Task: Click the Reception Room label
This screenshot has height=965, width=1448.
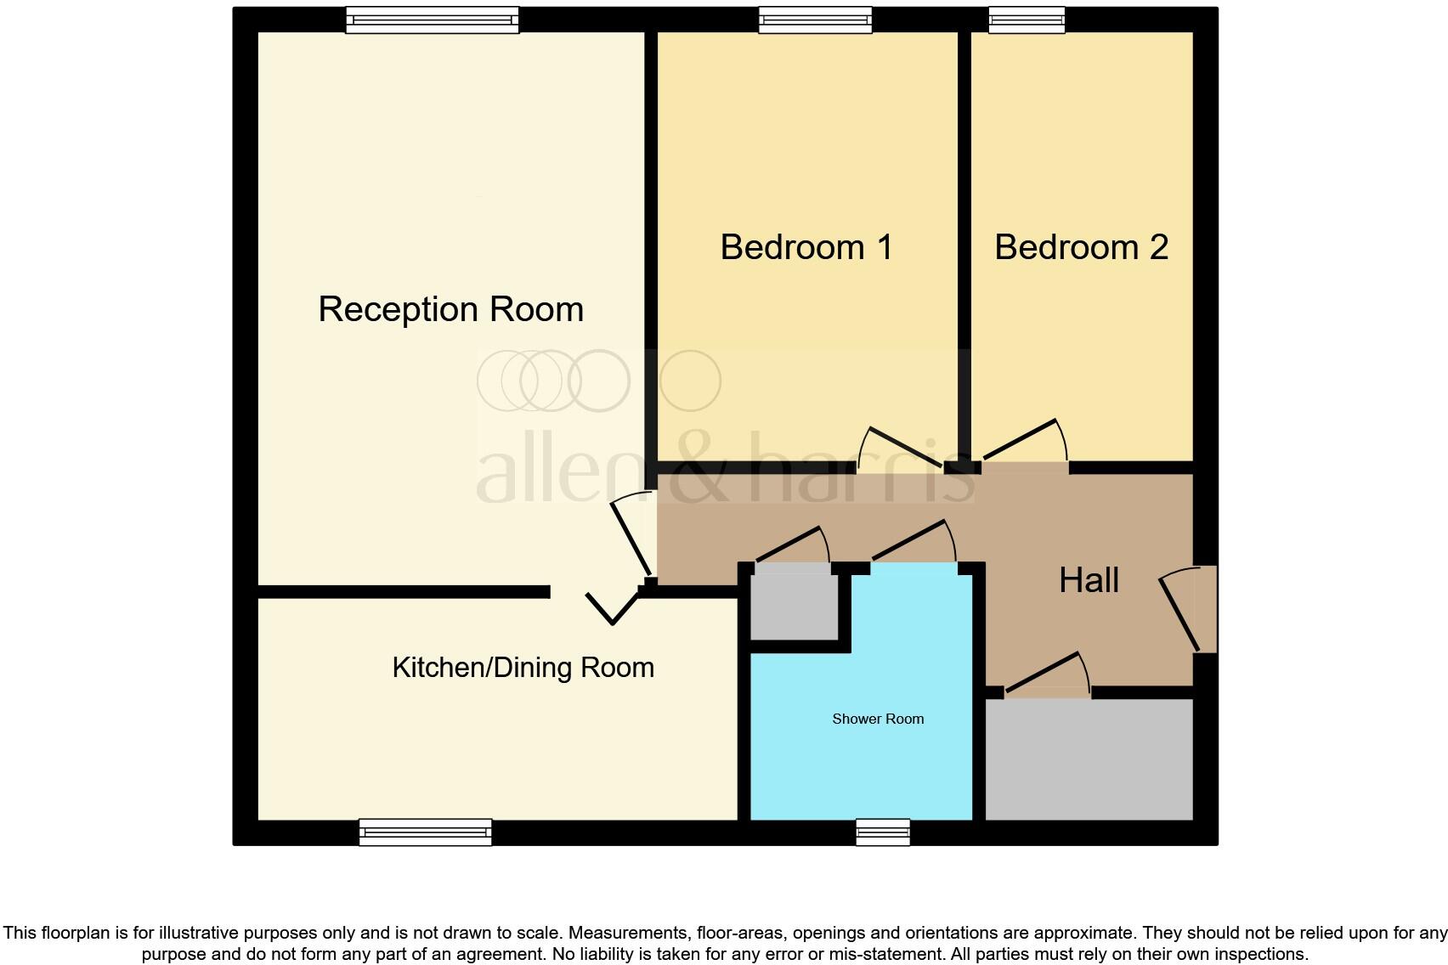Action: [450, 309]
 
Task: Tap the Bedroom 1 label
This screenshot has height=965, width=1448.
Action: [806, 247]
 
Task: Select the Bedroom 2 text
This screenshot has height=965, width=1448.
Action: [1081, 247]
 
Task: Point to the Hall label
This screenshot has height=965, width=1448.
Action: [1089, 580]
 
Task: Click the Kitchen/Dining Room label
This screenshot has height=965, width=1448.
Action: [523, 668]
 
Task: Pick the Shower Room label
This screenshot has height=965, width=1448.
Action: [878, 719]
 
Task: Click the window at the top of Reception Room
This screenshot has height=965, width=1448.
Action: [432, 20]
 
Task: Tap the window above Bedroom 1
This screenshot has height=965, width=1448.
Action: [815, 20]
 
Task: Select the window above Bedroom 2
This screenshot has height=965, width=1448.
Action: [1027, 20]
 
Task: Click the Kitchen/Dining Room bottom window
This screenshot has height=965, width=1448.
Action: [425, 832]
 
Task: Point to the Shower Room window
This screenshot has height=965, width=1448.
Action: [883, 832]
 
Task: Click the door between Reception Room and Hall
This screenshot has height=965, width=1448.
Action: [631, 537]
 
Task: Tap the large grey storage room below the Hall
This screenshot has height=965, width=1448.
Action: [1089, 759]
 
